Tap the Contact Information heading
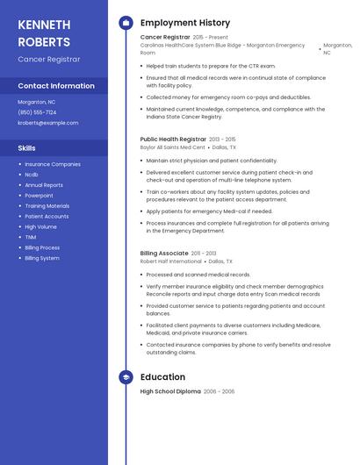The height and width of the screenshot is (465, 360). point(56,86)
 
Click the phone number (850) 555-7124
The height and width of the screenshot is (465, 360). point(37,112)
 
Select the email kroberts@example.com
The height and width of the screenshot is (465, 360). point(48,123)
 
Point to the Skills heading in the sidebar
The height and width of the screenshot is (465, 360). point(26,148)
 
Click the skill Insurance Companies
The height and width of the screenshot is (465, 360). point(53,164)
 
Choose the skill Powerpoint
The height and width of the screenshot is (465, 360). point(39,196)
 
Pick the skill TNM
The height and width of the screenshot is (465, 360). point(31,237)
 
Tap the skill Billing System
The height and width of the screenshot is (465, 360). point(42,258)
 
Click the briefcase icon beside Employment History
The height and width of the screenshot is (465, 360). point(126,22)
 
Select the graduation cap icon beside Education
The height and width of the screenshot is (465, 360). point(126,376)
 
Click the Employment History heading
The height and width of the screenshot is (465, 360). point(185,22)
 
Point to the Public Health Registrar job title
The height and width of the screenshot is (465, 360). point(173,139)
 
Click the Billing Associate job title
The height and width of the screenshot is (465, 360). point(164,254)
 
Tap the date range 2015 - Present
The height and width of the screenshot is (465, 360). point(211,38)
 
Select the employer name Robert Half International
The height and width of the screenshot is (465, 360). point(171,261)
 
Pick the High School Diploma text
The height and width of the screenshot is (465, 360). point(170,391)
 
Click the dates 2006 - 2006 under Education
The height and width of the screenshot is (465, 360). point(220,391)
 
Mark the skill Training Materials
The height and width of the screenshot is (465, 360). point(47,206)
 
